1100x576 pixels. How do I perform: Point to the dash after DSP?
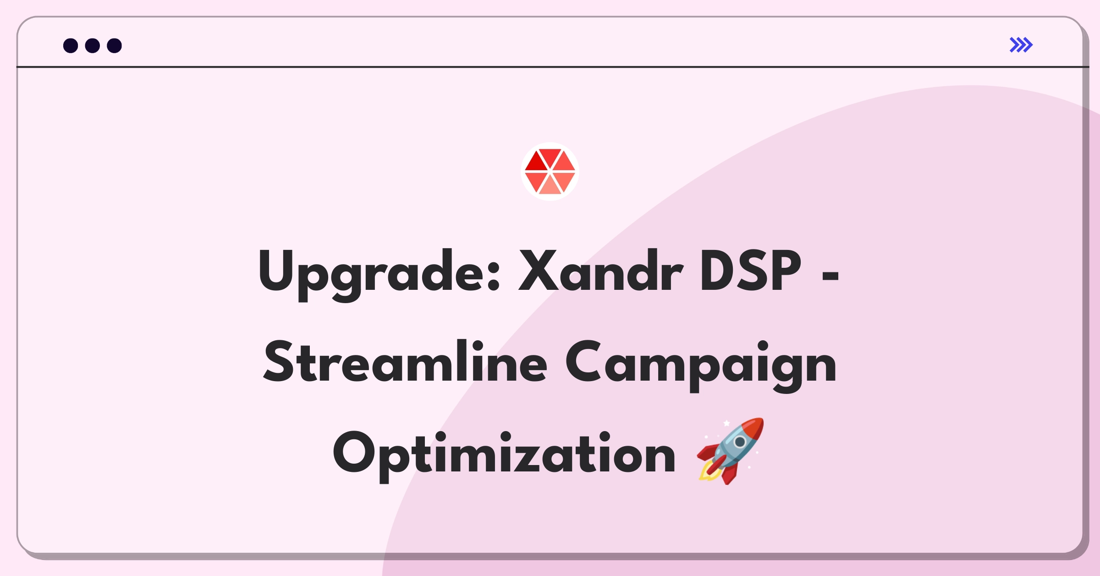tap(830, 276)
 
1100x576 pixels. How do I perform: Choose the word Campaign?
tap(701, 366)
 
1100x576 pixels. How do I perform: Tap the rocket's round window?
tap(740, 442)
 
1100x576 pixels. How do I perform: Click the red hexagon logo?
tap(550, 172)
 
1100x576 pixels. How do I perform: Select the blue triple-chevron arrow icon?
tap(1021, 45)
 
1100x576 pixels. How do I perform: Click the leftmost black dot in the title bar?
tap(71, 45)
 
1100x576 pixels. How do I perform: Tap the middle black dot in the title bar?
tap(93, 45)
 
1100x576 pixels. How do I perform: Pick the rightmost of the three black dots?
tap(114, 45)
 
